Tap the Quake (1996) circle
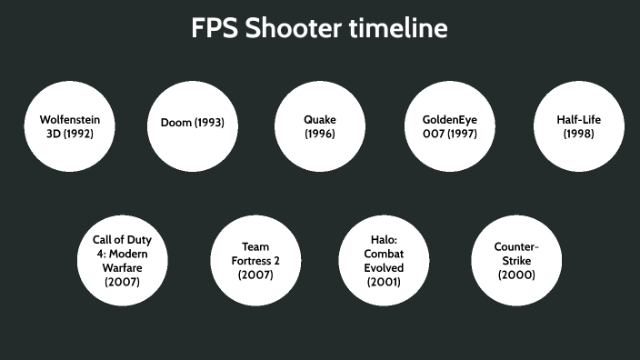[320, 126]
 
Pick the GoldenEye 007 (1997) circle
[449, 126]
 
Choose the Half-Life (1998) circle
[579, 126]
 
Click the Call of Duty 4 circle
[121, 260]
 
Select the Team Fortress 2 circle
[255, 260]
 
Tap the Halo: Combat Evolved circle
[384, 260]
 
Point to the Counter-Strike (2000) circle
[516, 260]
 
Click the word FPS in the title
[215, 28]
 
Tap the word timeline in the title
[398, 28]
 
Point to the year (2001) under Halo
[384, 282]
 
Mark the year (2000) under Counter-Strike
[516, 275]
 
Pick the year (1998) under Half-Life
[579, 134]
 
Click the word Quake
[320, 119]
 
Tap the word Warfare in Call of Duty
[121, 267]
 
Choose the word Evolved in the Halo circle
[384, 268]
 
